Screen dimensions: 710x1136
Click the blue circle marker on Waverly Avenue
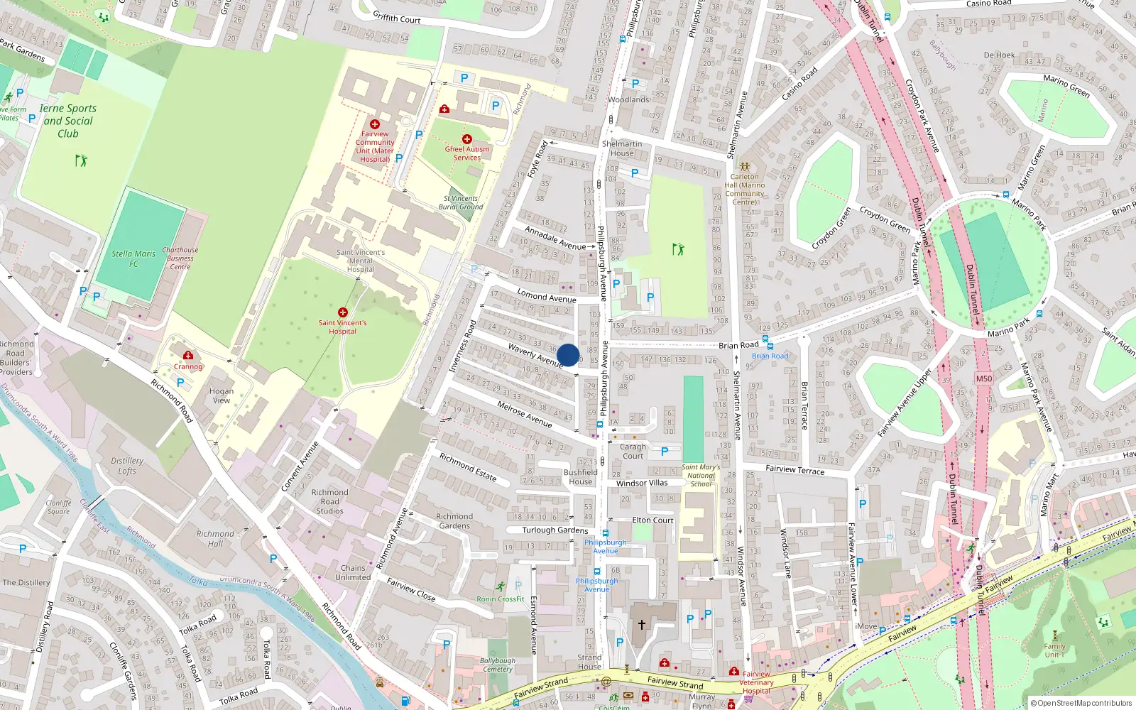[568, 355]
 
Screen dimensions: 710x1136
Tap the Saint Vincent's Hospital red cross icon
[343, 312]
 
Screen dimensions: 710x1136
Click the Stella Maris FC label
[133, 258]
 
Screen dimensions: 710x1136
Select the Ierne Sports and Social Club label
[68, 121]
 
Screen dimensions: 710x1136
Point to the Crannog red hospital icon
[188, 356]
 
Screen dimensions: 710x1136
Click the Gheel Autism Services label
[466, 153]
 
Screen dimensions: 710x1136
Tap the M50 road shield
[983, 378]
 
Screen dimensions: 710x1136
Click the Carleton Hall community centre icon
[744, 167]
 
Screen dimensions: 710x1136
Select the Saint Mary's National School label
[701, 476]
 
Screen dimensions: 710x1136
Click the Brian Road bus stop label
[770, 356]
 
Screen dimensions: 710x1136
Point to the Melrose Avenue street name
[524, 414]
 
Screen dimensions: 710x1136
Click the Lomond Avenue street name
[546, 295]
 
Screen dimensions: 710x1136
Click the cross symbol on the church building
[641, 625]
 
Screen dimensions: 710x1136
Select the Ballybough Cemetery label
[498, 665]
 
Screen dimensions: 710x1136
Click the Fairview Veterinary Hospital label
[756, 682]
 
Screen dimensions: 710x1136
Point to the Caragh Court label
[633, 452]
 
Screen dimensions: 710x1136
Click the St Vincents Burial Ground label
[461, 203]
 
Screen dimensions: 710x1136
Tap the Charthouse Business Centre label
[180, 258]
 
